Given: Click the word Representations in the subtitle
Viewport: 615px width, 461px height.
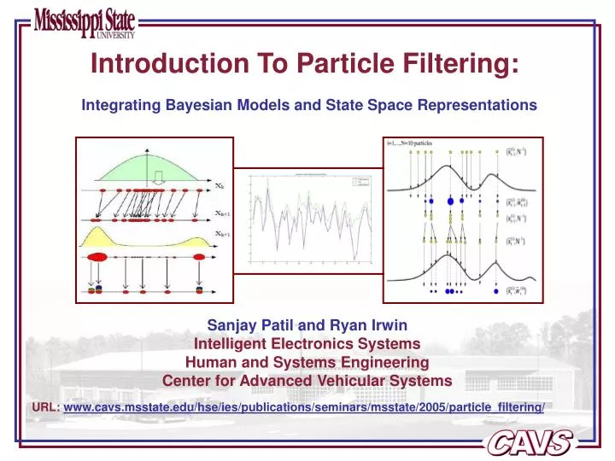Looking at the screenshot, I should point(473,105).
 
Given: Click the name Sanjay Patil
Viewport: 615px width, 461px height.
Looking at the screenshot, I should point(243,325).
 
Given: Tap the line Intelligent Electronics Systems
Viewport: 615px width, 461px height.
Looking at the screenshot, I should point(307,344).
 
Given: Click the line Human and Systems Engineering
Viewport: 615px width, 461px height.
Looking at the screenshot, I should point(307,362).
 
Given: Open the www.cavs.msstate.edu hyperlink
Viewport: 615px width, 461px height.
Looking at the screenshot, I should point(303,408).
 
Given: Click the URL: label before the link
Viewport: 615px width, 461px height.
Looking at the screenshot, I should point(46,408).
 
